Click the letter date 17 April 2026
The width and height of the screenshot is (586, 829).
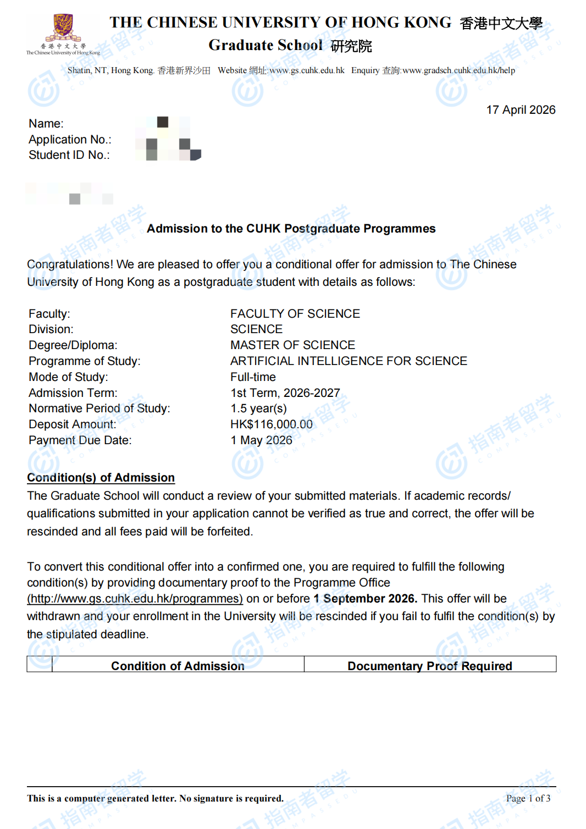click(x=521, y=110)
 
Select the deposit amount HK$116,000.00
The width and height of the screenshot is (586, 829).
click(x=272, y=424)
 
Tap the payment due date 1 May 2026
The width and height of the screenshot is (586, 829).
click(x=261, y=440)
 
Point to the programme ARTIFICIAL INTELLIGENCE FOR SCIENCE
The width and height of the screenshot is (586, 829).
click(x=349, y=361)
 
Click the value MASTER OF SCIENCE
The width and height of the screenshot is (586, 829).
click(x=292, y=345)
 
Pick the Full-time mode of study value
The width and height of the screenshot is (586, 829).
click(x=253, y=377)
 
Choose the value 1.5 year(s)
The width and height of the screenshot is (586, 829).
click(x=258, y=408)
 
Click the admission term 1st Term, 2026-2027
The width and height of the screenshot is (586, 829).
click(x=285, y=393)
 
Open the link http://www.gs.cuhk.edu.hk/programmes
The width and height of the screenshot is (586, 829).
click(x=135, y=599)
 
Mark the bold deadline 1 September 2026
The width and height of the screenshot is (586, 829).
click(x=365, y=599)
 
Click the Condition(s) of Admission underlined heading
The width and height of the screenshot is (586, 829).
click(x=101, y=478)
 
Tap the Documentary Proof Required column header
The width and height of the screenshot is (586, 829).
click(x=429, y=666)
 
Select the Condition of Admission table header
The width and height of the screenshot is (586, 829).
click(x=178, y=666)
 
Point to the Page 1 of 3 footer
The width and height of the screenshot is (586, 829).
click(x=528, y=798)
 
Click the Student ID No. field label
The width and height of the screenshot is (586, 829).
click(x=69, y=155)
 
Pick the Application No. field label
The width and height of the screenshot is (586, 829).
click(x=70, y=140)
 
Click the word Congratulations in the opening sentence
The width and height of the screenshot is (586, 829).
click(x=70, y=264)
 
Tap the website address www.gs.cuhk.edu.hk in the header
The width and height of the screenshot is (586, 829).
click(x=307, y=70)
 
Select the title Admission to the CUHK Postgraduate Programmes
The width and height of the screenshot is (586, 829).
click(x=291, y=229)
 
